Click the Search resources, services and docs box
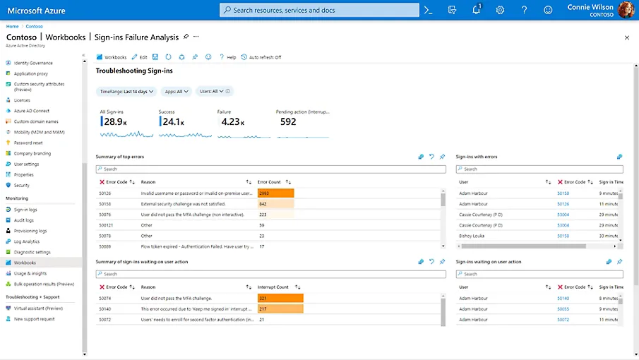click(318, 10)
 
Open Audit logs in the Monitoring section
click(23, 220)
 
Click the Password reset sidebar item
click(28, 143)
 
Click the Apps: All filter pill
click(175, 91)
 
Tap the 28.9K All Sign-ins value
click(113, 121)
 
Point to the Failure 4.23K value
click(232, 121)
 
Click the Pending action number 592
click(287, 121)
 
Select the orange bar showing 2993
click(275, 193)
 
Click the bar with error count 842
click(275, 204)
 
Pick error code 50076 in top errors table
click(104, 215)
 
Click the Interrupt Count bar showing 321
click(280, 299)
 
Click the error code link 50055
click(563, 309)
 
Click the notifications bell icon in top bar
click(476, 10)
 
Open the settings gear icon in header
click(500, 10)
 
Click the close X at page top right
click(626, 37)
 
